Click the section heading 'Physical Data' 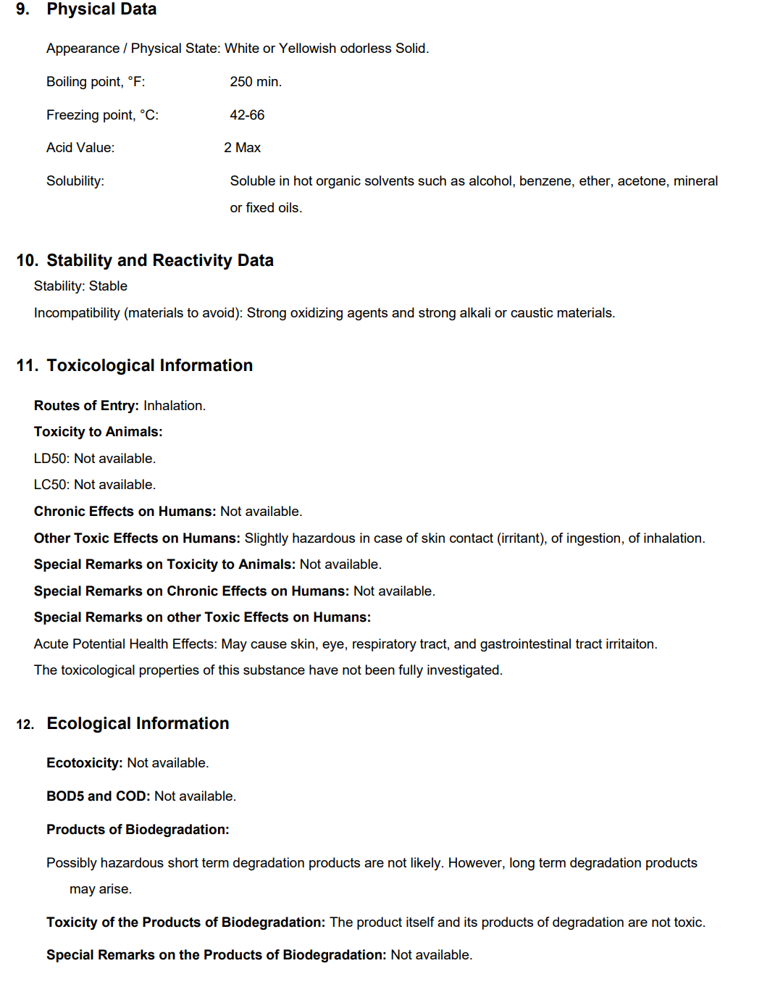coord(101,9)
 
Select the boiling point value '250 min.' coord(256,82)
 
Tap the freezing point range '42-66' coord(247,115)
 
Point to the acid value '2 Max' coord(242,148)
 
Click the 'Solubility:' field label coord(75,181)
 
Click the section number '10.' coord(27,261)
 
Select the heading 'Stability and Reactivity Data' coord(160,261)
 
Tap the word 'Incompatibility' coord(77,313)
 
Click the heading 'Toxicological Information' coord(150,366)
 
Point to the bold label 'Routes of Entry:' coord(86,406)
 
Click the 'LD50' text coord(50,459)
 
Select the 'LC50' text coord(50,485)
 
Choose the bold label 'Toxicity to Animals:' coord(98,432)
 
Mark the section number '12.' coord(25,725)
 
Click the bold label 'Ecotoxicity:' coord(84,763)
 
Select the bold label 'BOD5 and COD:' coord(98,796)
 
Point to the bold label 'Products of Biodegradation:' coord(138,830)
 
